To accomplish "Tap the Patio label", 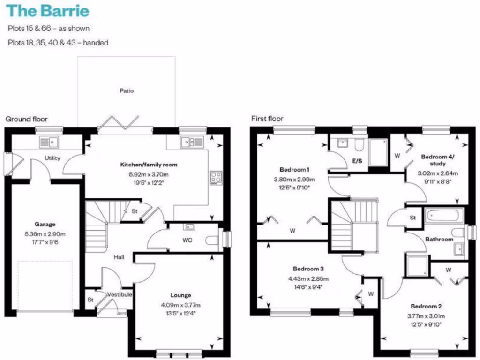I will click(x=127, y=90).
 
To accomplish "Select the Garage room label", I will click(x=45, y=224).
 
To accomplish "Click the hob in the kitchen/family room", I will click(x=216, y=177).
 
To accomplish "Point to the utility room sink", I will click(x=49, y=141).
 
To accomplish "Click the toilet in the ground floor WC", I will click(x=212, y=240).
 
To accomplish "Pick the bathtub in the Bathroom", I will click(x=443, y=217).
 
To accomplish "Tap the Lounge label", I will click(x=181, y=295).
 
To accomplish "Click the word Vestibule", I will click(x=120, y=294).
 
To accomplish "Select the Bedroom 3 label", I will click(x=308, y=269).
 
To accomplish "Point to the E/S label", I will click(x=357, y=161).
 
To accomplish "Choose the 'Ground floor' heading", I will click(x=26, y=119).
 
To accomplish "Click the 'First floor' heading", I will click(x=267, y=119).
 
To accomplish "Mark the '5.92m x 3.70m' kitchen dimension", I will click(x=149, y=174).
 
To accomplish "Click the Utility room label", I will click(x=52, y=158).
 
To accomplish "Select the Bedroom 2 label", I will click(x=427, y=306).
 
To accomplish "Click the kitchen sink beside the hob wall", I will click(x=191, y=141).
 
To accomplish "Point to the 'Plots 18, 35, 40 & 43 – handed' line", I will click(x=58, y=43).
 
